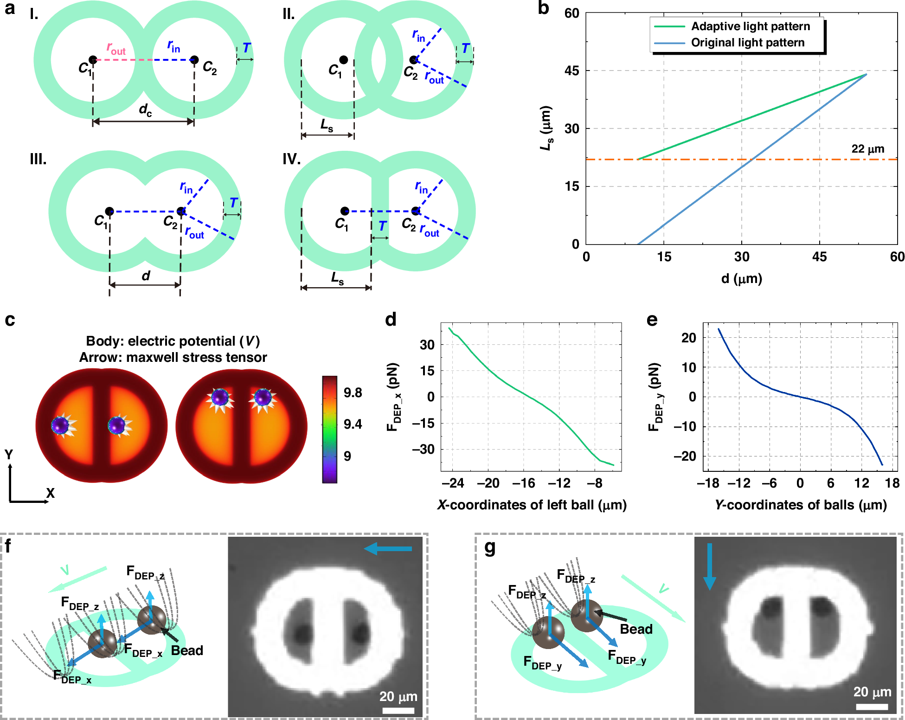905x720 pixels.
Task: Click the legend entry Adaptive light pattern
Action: (x=750, y=26)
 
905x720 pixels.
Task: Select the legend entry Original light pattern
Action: (x=747, y=43)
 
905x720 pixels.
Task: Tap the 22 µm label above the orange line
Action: (x=867, y=149)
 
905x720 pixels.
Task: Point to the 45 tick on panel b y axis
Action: (x=572, y=71)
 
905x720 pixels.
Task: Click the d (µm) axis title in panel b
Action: (x=741, y=279)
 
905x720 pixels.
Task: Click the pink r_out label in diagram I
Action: (x=116, y=48)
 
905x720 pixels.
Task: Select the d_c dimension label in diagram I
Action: (x=145, y=110)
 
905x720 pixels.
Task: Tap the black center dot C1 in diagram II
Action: (x=343, y=60)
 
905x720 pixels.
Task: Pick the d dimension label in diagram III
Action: (x=146, y=276)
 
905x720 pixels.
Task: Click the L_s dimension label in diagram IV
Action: (x=337, y=278)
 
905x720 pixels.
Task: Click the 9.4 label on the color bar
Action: (x=353, y=424)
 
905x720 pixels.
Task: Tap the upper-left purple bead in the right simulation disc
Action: (x=220, y=398)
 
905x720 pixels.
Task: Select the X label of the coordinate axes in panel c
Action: (x=50, y=493)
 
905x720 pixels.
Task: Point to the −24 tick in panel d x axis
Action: (x=453, y=483)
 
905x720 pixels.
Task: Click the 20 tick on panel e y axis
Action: (x=688, y=338)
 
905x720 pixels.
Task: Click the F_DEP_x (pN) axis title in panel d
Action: (x=393, y=397)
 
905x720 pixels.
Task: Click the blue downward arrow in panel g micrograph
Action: (x=710, y=566)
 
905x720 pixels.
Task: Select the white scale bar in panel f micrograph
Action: (x=398, y=710)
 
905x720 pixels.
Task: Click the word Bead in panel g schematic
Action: (x=636, y=630)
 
